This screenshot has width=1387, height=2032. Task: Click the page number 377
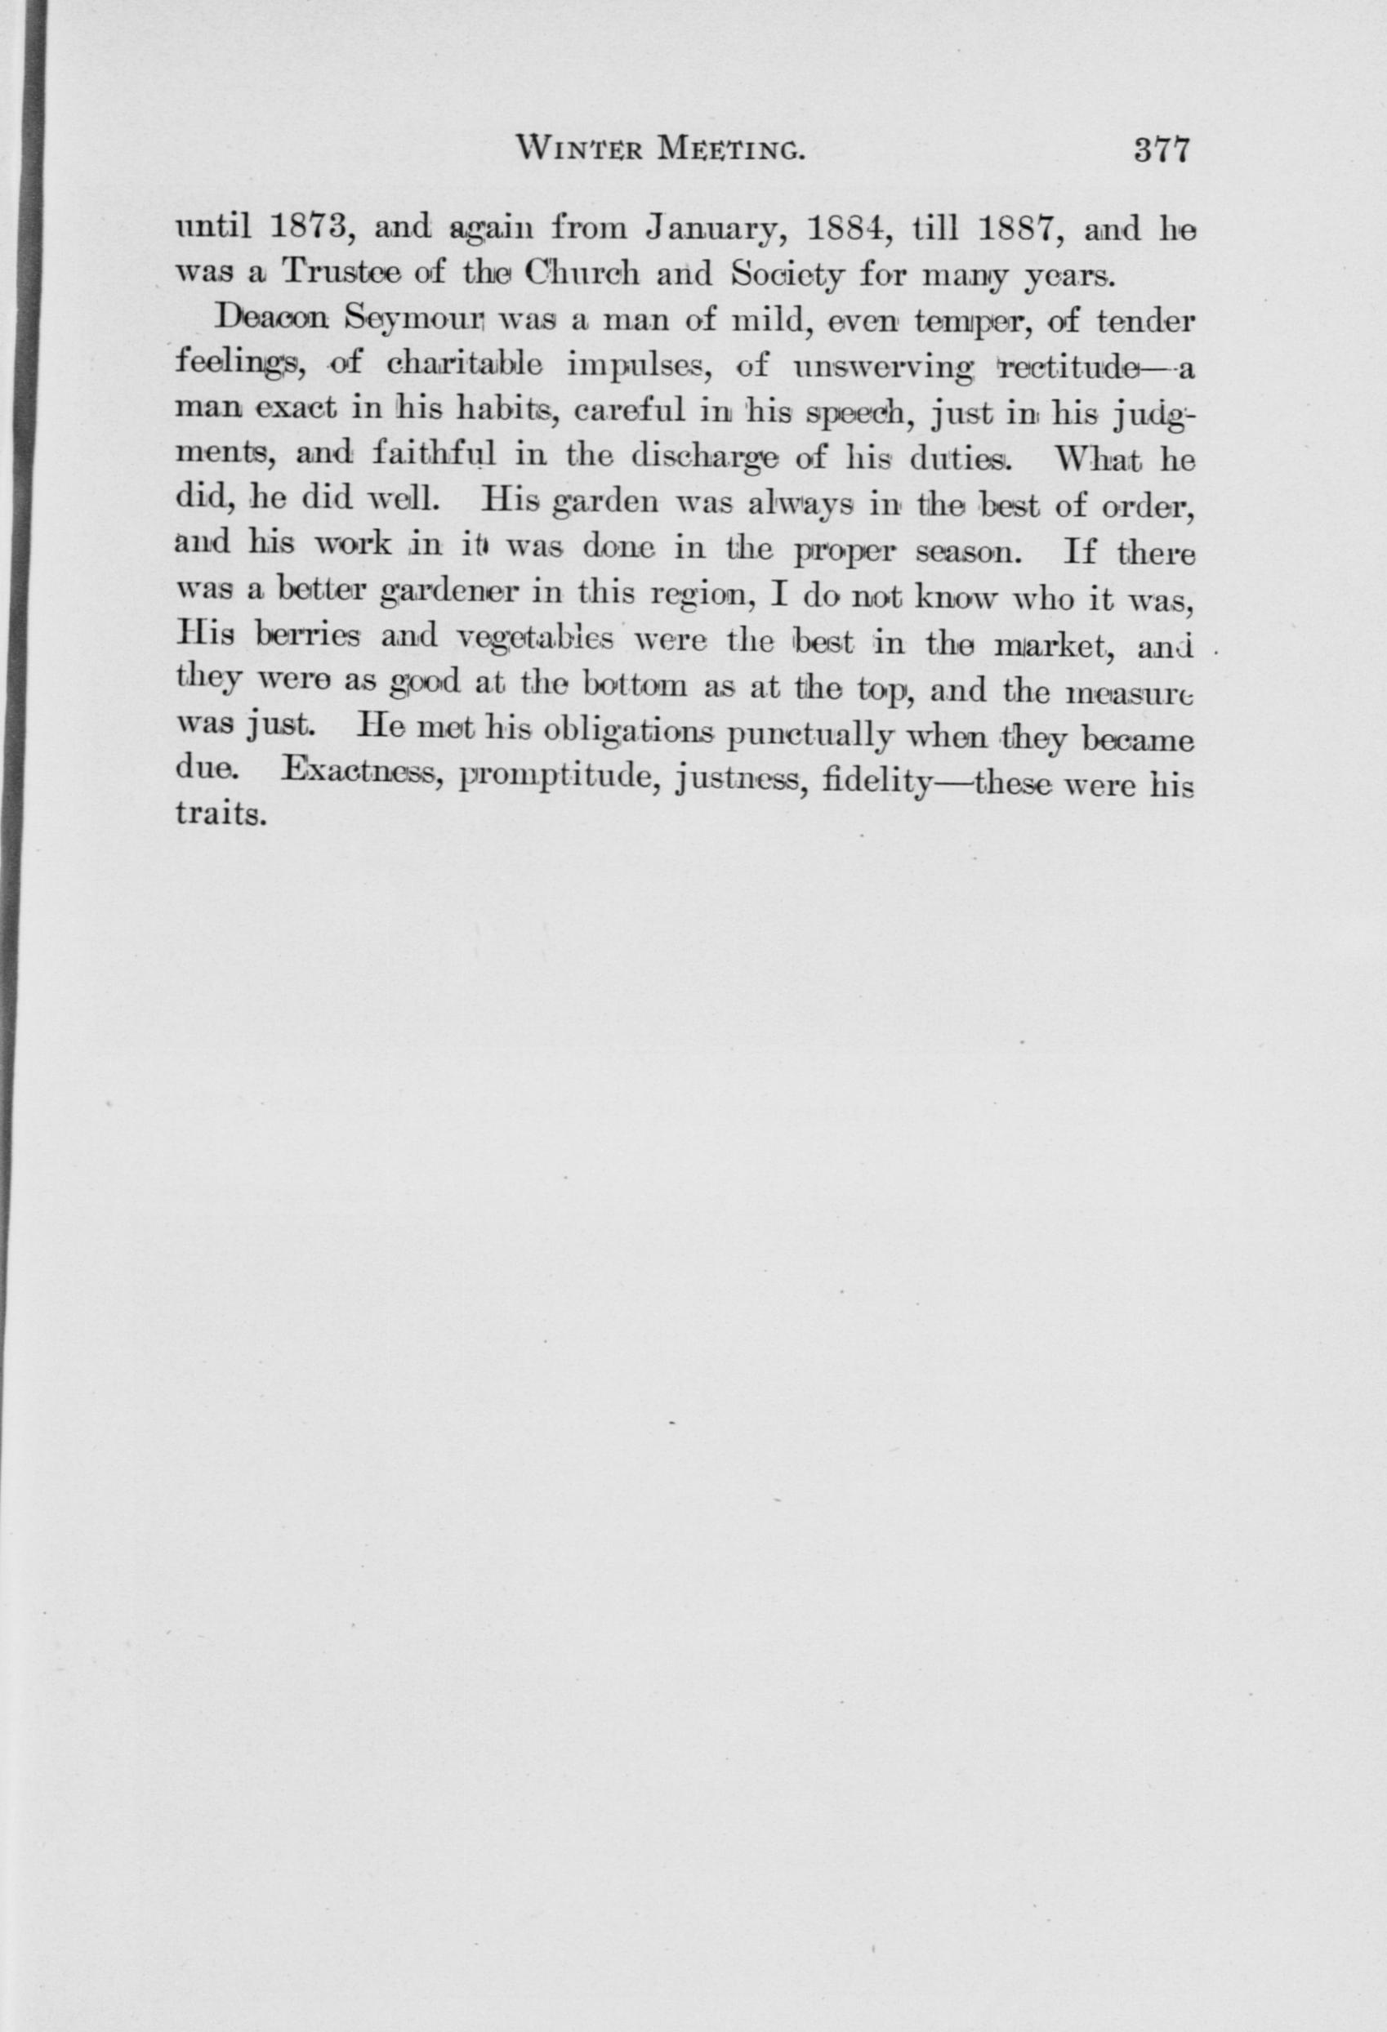pyautogui.click(x=1162, y=150)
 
